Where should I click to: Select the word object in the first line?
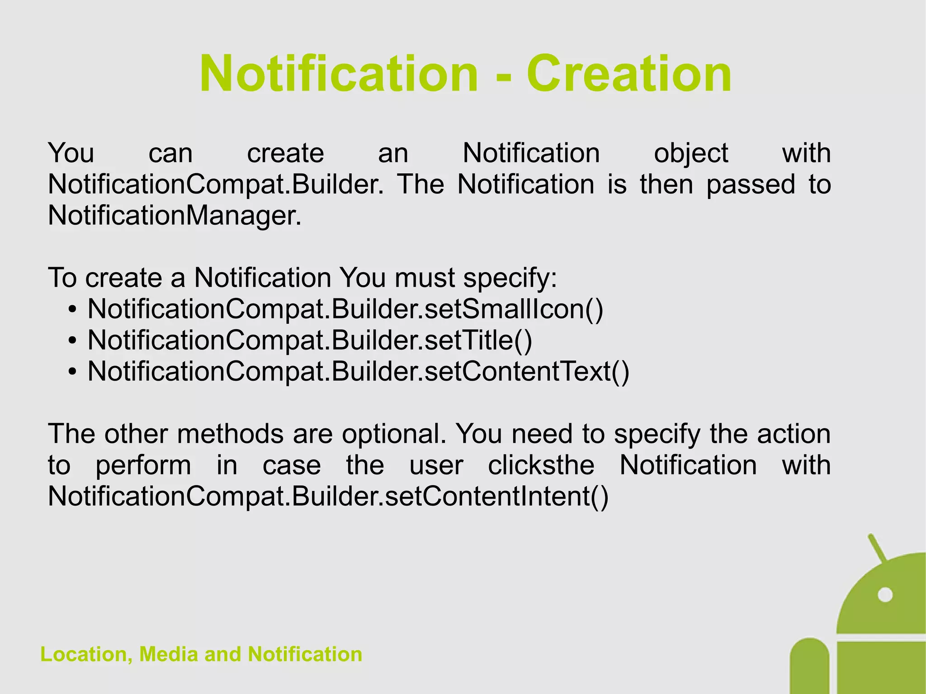tap(690, 154)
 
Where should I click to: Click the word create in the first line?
tap(285, 154)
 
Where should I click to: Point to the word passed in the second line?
tap(751, 184)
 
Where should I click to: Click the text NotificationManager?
tap(174, 216)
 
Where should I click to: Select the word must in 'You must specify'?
tap(424, 278)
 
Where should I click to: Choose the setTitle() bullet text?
tap(310, 340)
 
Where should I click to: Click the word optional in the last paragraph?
tap(392, 434)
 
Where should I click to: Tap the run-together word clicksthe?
tap(541, 465)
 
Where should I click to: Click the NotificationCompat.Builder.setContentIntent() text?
tap(328, 496)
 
